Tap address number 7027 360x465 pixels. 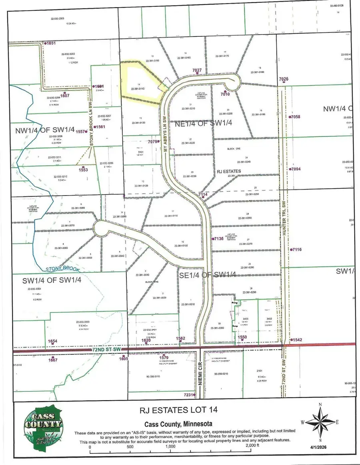click(197, 70)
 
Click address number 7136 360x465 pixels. click(219, 239)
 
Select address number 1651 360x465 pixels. click(51, 43)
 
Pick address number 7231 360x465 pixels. click(189, 395)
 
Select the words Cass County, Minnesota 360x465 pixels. click(178, 424)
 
